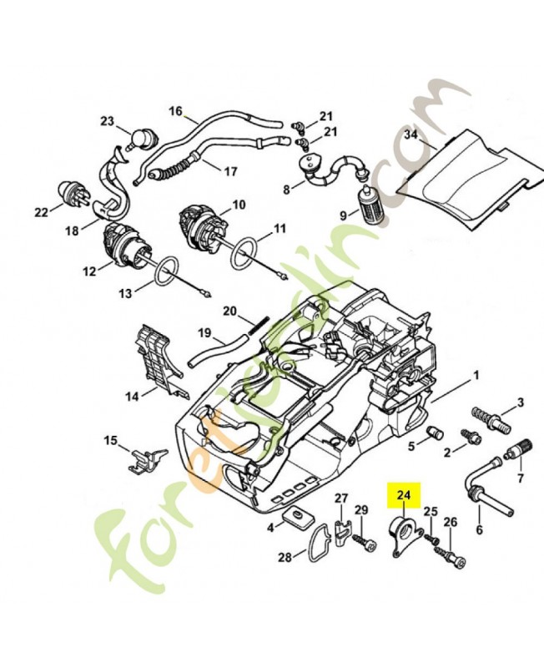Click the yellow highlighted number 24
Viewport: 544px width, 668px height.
tap(404, 497)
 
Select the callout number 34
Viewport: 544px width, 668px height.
tap(411, 134)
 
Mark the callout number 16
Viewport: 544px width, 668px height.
tap(175, 110)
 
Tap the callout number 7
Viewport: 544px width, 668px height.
tap(521, 478)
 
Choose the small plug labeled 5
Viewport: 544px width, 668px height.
tap(433, 432)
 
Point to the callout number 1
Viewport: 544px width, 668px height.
tap(476, 375)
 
